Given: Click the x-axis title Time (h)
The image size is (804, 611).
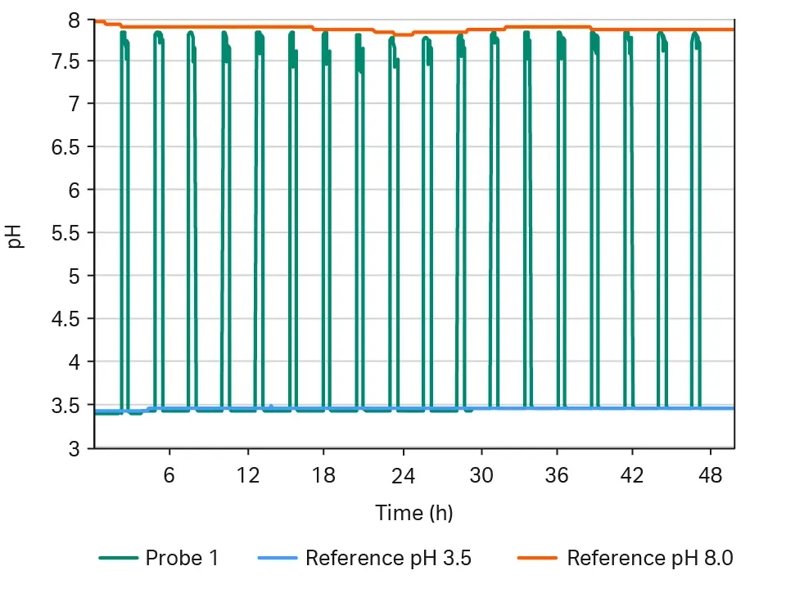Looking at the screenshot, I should pos(414,513).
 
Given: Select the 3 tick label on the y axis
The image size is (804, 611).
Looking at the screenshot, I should pos(75,448).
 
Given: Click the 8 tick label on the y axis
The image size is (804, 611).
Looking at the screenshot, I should pos(75,19).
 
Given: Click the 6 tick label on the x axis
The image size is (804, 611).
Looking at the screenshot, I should pos(169,475).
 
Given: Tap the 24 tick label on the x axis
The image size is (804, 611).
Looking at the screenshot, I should pos(402,475).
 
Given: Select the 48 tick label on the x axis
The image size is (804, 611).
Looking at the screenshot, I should pos(711,475).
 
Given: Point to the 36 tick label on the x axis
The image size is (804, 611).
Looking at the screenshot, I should pos(557,475).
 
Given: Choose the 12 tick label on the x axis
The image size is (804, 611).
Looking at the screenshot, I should pos(247,475).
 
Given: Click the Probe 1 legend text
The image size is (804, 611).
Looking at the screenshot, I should pos(182,559).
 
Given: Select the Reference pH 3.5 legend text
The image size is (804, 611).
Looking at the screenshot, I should pos(388,559).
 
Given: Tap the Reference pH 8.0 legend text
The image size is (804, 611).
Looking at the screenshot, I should pos(650,559).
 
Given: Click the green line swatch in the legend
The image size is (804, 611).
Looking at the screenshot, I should pos(118,559).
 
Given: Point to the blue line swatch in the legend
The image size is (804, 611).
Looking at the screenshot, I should pos(276,559).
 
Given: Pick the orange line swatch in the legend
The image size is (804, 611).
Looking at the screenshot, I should pos(538,559).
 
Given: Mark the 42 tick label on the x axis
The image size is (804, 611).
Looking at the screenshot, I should pos(634,475).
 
